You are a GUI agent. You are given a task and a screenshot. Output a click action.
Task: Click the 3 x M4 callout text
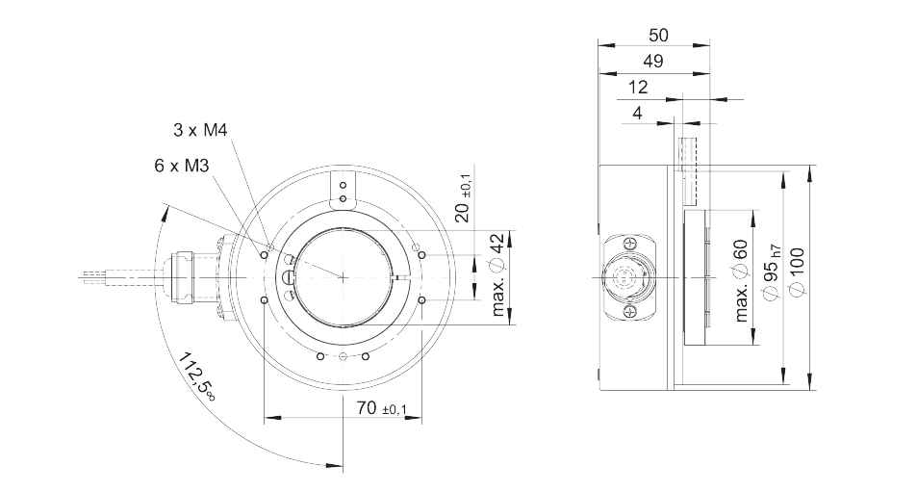point(200,130)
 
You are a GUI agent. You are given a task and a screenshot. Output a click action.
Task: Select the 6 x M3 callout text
point(181,166)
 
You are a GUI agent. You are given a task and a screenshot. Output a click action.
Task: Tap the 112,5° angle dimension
point(196,375)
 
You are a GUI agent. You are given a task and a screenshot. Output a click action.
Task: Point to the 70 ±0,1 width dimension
point(381,408)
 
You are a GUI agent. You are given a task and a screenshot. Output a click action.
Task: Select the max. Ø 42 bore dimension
point(497,275)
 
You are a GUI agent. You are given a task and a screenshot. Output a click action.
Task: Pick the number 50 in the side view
point(658,35)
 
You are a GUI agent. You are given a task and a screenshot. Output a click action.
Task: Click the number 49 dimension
point(653,61)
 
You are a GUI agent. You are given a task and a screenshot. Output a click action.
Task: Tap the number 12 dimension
point(638,88)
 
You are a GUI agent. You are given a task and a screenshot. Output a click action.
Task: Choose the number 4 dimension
point(637,113)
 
